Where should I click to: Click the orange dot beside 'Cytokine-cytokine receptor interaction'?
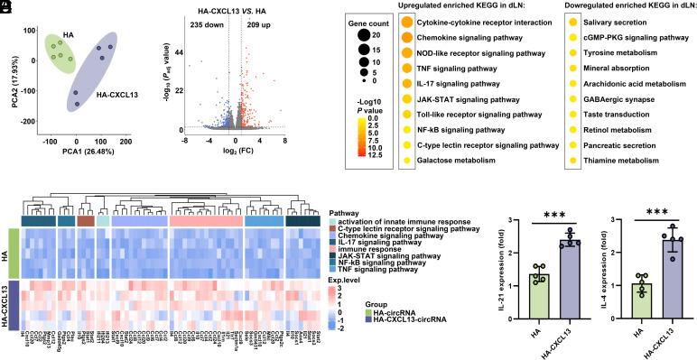click(x=407, y=22)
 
